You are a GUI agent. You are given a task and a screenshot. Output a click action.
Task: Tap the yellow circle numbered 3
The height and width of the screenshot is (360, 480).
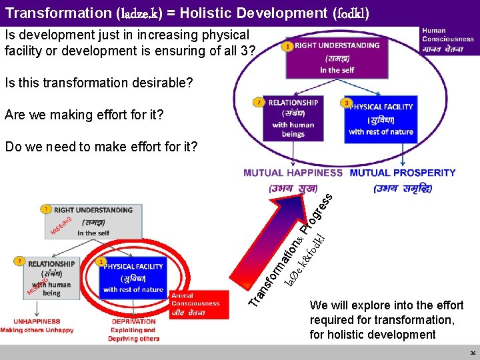[347, 103]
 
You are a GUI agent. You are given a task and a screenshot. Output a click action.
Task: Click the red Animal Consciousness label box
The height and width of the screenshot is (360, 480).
[196, 299]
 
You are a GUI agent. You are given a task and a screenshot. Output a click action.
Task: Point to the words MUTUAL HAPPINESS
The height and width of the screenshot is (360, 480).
[293, 173]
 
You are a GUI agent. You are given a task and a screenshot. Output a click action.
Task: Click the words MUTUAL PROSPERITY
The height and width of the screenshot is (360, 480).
[403, 173]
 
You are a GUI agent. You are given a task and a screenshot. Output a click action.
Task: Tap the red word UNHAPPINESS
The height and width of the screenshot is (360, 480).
[31, 321]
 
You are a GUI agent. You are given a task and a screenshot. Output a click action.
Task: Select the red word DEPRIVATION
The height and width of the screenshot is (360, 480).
[133, 321]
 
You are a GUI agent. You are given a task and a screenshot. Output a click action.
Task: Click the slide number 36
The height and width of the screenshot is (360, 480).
[473, 353]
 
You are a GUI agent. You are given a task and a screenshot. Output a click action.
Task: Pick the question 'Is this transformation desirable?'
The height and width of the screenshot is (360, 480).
[99, 83]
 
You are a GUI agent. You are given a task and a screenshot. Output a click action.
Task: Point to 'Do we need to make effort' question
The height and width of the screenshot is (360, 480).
[101, 147]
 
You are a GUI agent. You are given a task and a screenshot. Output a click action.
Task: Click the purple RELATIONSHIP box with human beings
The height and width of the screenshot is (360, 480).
[293, 118]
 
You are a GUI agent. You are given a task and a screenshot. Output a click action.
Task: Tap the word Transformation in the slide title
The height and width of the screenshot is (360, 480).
[57, 12]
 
